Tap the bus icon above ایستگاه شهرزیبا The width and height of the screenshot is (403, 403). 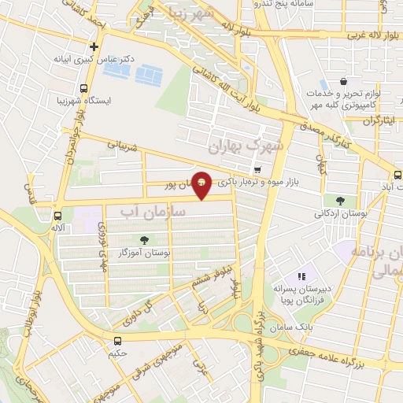84,89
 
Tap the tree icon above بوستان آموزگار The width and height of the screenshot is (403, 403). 143,241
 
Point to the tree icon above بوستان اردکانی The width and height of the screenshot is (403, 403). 339,201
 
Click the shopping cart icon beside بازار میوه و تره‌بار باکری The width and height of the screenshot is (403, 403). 257,170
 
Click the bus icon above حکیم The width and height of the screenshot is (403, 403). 117,341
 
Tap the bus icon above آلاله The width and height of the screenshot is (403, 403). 57,215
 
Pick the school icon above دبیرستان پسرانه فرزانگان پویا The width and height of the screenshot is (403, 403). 301,276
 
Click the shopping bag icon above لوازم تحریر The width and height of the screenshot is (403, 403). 343,81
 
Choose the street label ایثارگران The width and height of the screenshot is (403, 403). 379,120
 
